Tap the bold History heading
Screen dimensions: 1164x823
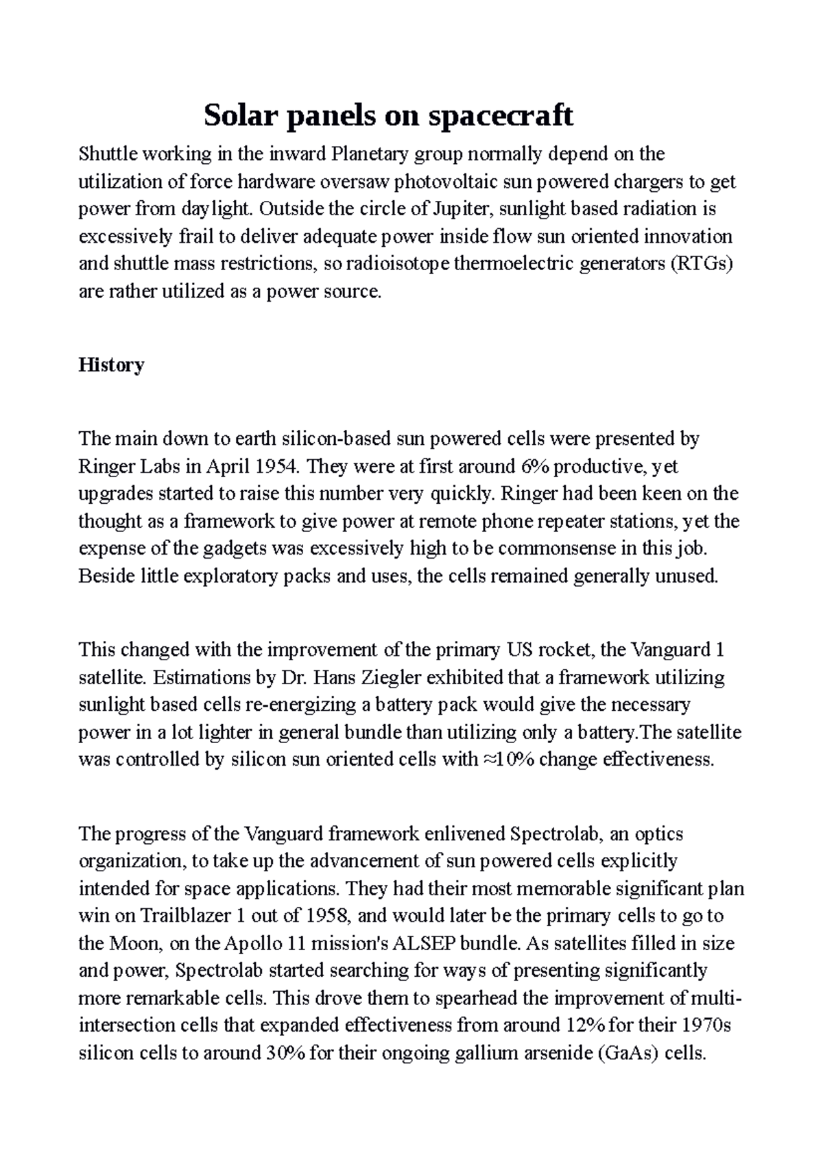point(111,365)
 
